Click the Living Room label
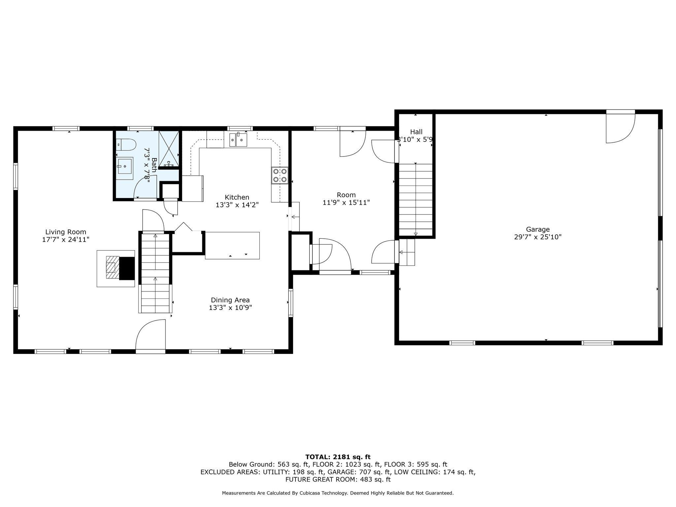click(66, 232)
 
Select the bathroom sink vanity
click(124, 168)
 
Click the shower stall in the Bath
click(169, 149)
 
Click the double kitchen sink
click(238, 140)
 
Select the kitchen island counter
click(232, 246)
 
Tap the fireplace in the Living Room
click(116, 268)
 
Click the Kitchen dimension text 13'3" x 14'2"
click(237, 205)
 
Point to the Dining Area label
click(230, 300)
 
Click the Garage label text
click(538, 229)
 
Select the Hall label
click(416, 132)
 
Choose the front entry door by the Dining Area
click(151, 337)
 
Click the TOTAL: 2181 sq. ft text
click(338, 457)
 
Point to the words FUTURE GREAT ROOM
click(318, 480)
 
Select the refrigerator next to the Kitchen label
click(192, 188)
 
